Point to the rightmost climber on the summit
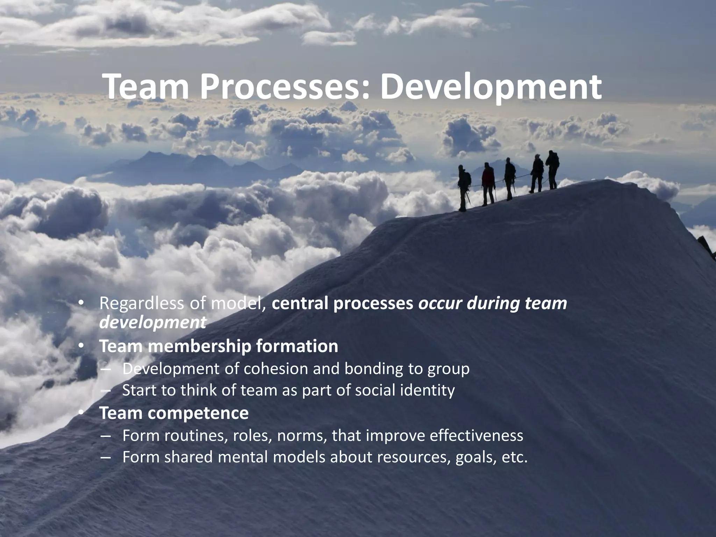(553, 170)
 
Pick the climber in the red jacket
(488, 184)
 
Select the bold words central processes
(343, 303)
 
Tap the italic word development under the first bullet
(152, 322)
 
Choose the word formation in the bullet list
(297, 346)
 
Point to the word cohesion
(275, 368)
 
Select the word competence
(198, 413)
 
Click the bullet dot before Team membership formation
(81, 346)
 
